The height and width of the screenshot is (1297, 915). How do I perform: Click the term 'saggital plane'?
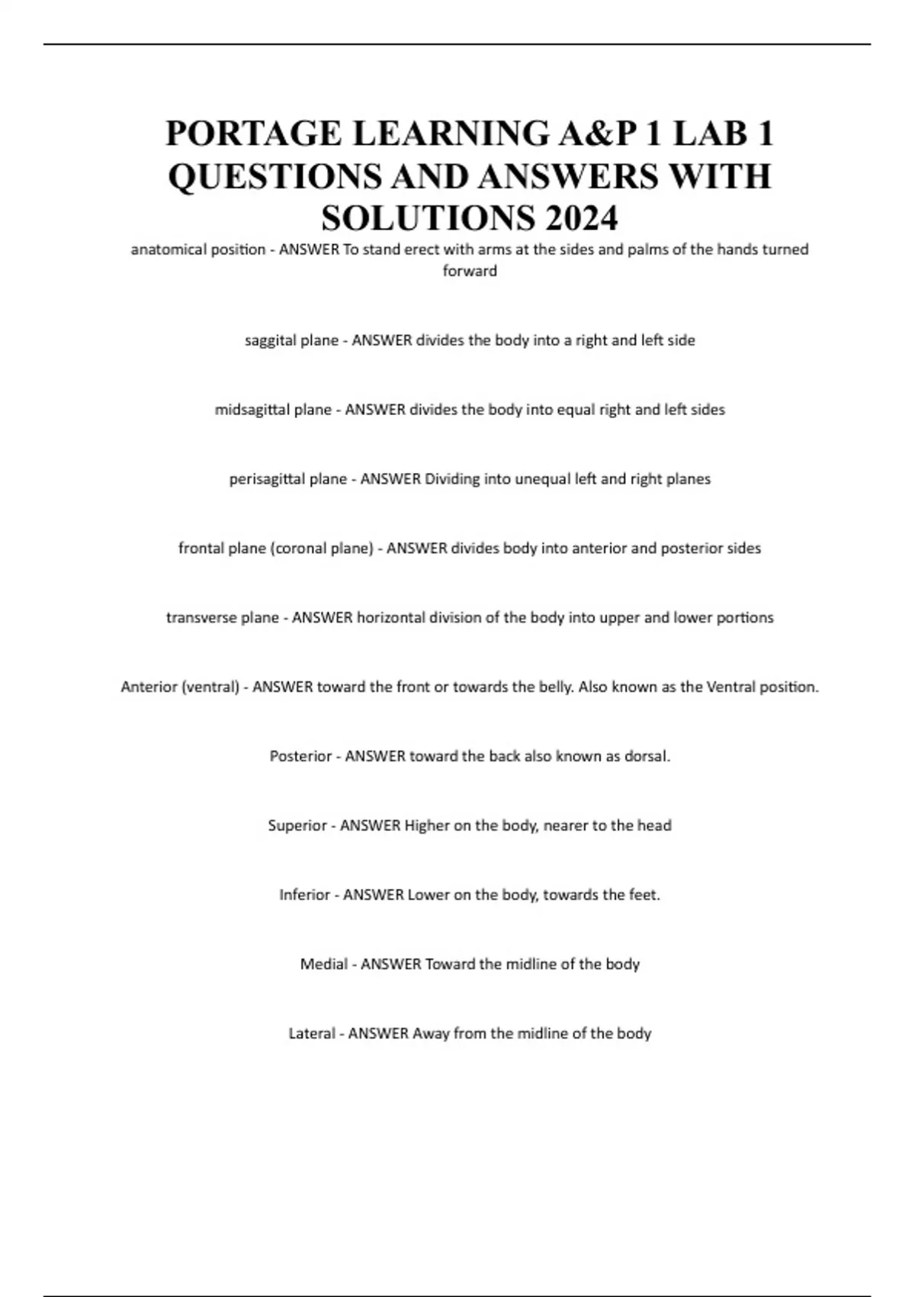coord(291,340)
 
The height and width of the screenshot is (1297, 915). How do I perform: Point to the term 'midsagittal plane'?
coord(273,410)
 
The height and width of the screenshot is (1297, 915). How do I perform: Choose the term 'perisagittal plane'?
coord(287,479)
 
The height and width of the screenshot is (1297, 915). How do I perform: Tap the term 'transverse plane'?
coord(222,618)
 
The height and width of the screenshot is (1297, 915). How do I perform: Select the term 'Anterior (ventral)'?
coord(180,687)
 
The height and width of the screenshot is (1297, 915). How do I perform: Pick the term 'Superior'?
coord(297,826)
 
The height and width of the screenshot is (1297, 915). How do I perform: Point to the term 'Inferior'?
coord(304,895)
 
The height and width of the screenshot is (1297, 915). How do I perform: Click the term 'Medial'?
coord(324,964)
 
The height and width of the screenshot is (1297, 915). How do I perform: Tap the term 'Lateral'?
coord(312,1034)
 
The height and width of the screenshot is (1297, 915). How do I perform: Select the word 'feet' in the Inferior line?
coord(642,895)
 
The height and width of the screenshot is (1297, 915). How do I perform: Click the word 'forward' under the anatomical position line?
coord(470,271)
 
